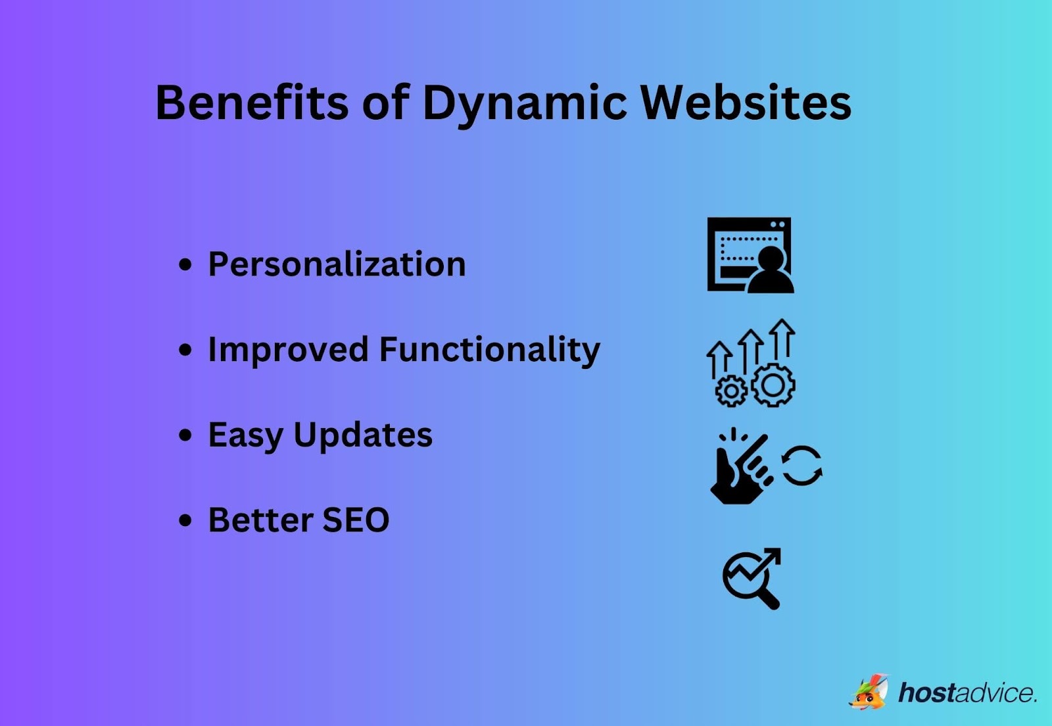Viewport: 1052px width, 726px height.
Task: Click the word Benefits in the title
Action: click(251, 103)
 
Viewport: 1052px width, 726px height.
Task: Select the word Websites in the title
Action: click(746, 103)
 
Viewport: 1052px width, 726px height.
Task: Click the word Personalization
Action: click(337, 264)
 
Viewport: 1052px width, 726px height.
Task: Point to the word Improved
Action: click(287, 350)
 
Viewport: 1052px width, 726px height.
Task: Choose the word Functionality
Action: click(489, 350)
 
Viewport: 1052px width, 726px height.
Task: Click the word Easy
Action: click(245, 435)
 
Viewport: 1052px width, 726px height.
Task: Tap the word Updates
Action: click(363, 435)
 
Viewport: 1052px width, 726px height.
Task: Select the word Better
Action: click(260, 520)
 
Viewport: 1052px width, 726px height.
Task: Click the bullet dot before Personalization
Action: click(186, 265)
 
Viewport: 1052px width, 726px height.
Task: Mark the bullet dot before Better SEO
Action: click(186, 521)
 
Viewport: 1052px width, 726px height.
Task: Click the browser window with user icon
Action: click(750, 254)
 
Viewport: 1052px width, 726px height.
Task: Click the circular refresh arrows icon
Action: click(802, 466)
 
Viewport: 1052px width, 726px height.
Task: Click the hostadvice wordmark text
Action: click(967, 693)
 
